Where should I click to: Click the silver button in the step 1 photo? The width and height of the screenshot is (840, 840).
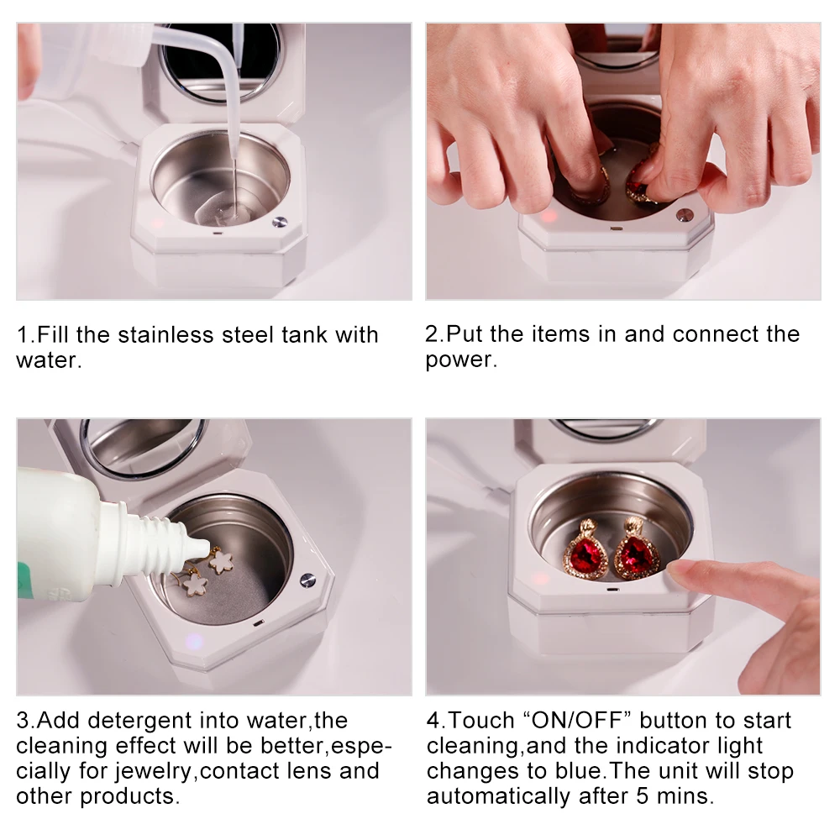(279, 221)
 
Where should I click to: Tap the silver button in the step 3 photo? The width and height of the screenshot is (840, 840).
(307, 580)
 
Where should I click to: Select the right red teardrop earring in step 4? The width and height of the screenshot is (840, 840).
(637, 549)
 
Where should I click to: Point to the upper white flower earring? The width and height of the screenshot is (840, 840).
(220, 561)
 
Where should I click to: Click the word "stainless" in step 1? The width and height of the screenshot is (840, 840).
(165, 335)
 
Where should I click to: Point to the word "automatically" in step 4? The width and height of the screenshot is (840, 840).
(498, 796)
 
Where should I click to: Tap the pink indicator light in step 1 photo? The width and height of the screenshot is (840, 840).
(156, 223)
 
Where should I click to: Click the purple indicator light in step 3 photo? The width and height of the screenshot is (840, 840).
(193, 641)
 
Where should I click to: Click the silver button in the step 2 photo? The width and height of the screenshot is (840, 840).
(685, 215)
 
